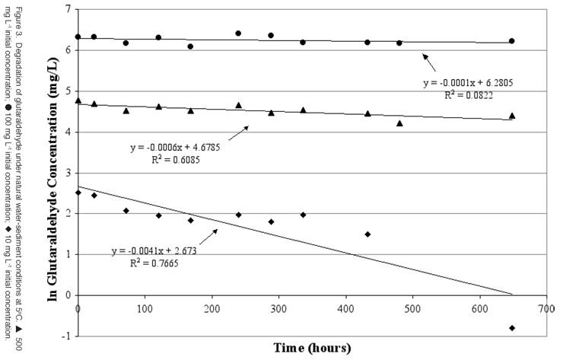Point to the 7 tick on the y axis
tap(67, 9)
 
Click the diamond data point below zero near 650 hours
tap(512, 327)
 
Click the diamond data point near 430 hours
tap(367, 234)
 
